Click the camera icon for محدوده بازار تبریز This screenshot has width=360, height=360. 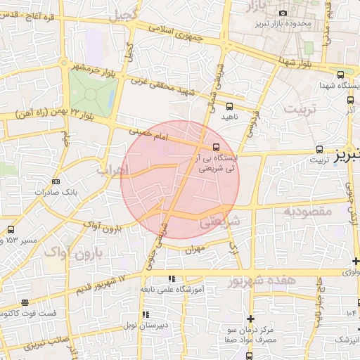pos(283,13)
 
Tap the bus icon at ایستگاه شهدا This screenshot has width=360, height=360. pos(340,75)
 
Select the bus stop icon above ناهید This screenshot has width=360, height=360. pos(228,105)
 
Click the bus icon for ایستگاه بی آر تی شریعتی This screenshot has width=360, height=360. pos(215,147)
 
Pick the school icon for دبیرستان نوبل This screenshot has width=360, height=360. pos(146,314)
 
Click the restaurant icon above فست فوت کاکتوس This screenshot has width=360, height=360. pos(25,302)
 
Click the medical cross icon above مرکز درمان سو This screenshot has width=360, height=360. pos(250,319)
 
